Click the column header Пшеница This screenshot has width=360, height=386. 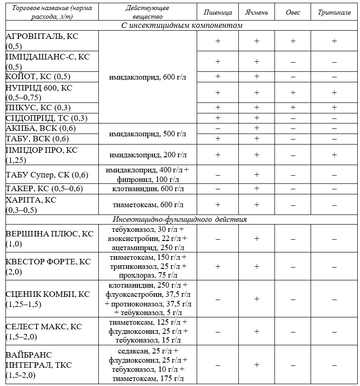click(x=217, y=12)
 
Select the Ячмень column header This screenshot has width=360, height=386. click(x=257, y=12)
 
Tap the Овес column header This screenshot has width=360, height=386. click(x=293, y=12)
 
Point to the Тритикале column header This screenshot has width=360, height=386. click(x=334, y=12)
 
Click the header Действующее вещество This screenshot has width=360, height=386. click(x=148, y=12)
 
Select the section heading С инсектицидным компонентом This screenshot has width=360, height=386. click(x=182, y=26)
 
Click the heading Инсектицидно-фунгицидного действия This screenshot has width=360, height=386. click(x=182, y=220)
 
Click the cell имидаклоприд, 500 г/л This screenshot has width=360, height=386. click(x=148, y=134)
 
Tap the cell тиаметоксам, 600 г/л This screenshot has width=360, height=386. click(x=148, y=204)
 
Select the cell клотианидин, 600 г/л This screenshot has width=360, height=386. click(x=148, y=189)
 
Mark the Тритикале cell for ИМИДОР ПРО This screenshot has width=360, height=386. click(x=334, y=155)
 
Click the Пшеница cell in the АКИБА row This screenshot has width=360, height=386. click(x=217, y=129)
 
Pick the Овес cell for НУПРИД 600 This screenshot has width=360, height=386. click(x=293, y=92)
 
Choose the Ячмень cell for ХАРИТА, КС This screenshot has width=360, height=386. click(x=257, y=204)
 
